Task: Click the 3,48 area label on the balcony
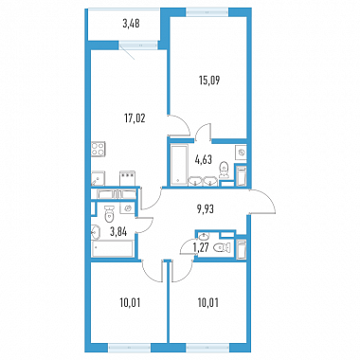click(131, 24)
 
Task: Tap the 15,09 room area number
click(209, 81)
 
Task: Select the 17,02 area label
click(135, 118)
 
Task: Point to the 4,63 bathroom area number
click(203, 160)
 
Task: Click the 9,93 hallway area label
click(205, 209)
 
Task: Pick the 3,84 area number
click(118, 232)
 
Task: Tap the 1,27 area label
click(201, 247)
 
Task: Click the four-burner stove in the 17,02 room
click(99, 149)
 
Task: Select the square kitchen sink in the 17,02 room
click(99, 179)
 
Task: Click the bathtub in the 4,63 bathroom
click(179, 165)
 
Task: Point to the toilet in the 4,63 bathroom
click(224, 170)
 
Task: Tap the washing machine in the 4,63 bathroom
click(242, 153)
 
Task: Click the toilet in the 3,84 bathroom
click(109, 213)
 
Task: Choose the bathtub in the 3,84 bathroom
click(113, 249)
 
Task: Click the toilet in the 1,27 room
click(223, 248)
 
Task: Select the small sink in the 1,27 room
click(204, 236)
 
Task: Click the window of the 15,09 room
click(207, 12)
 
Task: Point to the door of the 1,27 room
click(188, 248)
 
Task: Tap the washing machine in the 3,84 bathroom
click(128, 207)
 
